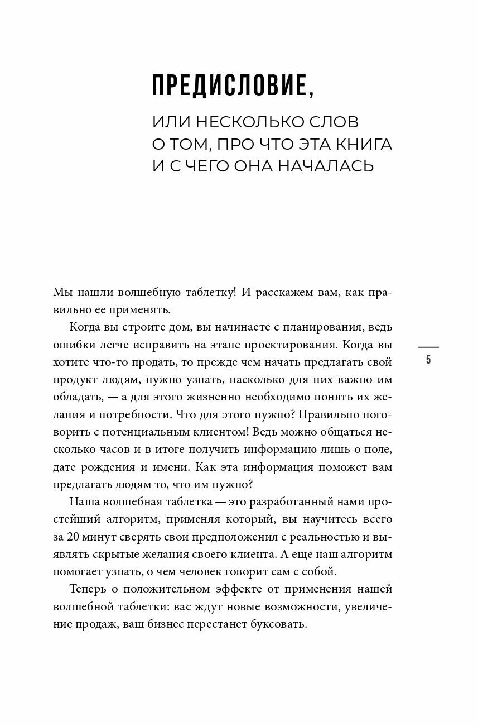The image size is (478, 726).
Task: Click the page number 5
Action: tap(428, 360)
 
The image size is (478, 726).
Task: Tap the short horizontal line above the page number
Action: tap(428, 347)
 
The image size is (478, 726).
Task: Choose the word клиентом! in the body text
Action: tap(259, 432)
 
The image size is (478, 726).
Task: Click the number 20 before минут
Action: tap(75, 536)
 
